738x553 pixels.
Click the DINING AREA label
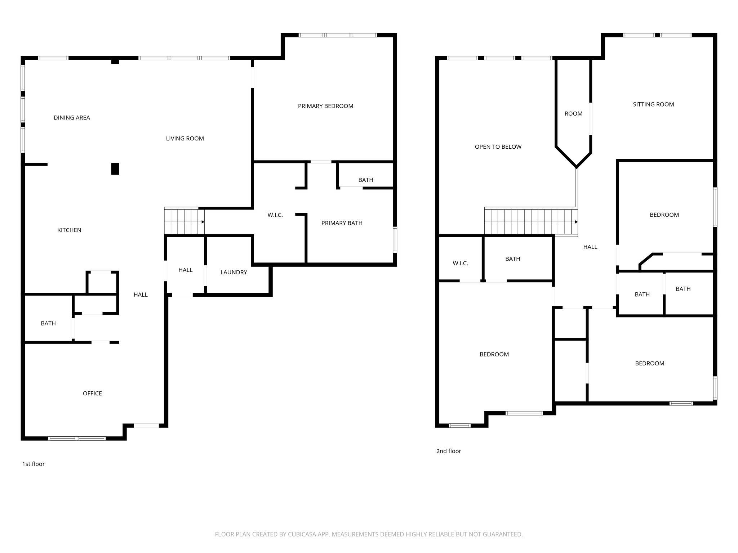point(72,118)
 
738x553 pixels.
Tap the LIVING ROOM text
point(185,139)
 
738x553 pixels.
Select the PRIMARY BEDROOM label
point(325,106)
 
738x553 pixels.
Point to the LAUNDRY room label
point(234,273)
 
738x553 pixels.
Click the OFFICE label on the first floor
point(92,394)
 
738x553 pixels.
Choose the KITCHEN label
point(69,230)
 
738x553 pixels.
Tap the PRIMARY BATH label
point(342,223)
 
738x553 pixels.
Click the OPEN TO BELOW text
point(498,147)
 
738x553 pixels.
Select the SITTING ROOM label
point(653,104)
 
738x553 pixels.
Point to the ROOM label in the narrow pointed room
point(573,114)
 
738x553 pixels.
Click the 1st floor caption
point(34,464)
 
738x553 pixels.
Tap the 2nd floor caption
point(449,451)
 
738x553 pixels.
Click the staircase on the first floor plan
point(184,221)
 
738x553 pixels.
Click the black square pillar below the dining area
point(115,169)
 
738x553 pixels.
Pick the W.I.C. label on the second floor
point(460,264)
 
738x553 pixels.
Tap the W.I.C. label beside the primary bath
point(275,215)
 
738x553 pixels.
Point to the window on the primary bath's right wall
point(395,239)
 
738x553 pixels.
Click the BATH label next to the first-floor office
point(48,324)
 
